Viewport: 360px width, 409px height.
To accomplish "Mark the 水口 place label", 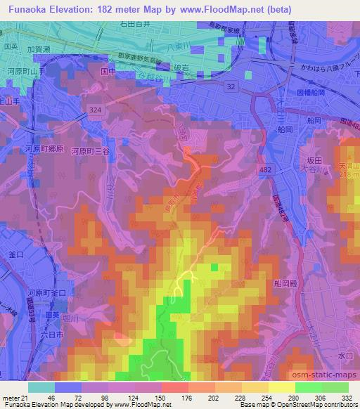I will pos(345,356).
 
